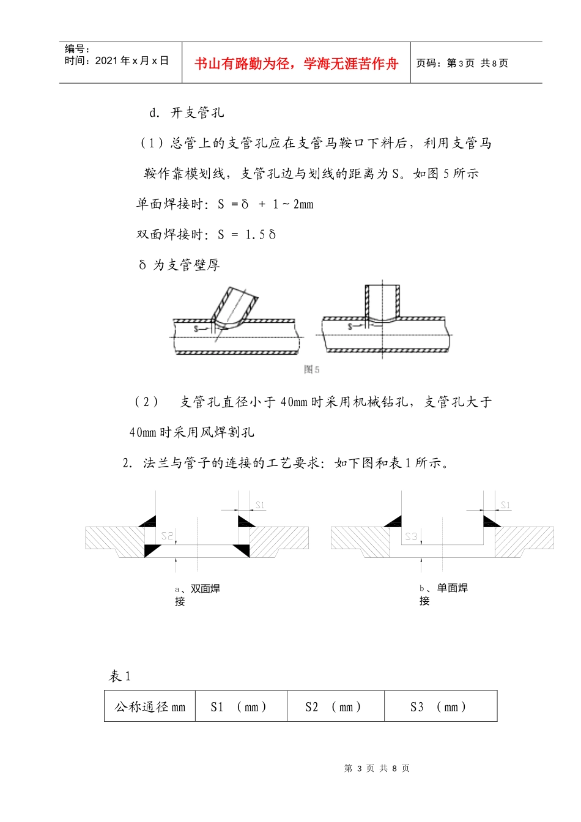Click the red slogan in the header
pos(296,64)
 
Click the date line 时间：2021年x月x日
pos(116,61)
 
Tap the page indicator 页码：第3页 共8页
pos(462,63)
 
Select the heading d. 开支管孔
pos(187,113)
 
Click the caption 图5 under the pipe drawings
pos(311,369)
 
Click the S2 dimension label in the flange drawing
pos(167,536)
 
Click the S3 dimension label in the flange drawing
pos(411,536)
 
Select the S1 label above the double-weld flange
pos(260,505)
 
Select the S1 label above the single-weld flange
pos(505,505)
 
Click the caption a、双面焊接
pos(197,594)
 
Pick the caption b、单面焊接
pos(443,594)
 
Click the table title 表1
pos(120,676)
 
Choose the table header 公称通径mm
pos(150,707)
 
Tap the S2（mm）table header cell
pos(335,707)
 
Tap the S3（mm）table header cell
pos(440,707)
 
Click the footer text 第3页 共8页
pos(377,768)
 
